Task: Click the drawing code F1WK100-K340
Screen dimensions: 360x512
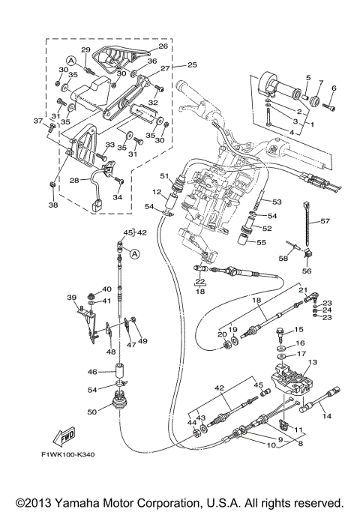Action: [x=67, y=454]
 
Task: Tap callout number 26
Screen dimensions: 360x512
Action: [x=163, y=46]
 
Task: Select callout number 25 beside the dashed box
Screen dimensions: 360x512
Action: [x=192, y=64]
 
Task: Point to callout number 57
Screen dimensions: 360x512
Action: [x=325, y=221]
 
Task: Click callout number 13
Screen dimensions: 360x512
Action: [x=313, y=362]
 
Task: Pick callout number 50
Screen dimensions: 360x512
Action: [x=92, y=412]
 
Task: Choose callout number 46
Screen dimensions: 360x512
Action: [x=92, y=372]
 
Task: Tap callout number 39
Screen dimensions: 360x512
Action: [x=71, y=298]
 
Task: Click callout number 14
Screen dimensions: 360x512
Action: [x=327, y=416]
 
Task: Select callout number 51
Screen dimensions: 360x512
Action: [x=164, y=176]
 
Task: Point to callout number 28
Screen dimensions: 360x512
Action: [x=74, y=180]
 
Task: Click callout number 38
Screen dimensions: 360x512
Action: [x=53, y=205]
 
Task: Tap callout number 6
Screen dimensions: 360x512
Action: [x=334, y=88]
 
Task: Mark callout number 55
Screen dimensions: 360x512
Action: [x=261, y=242]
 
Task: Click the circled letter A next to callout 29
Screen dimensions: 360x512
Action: [x=71, y=61]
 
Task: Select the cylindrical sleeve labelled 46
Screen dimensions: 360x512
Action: [x=121, y=371]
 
